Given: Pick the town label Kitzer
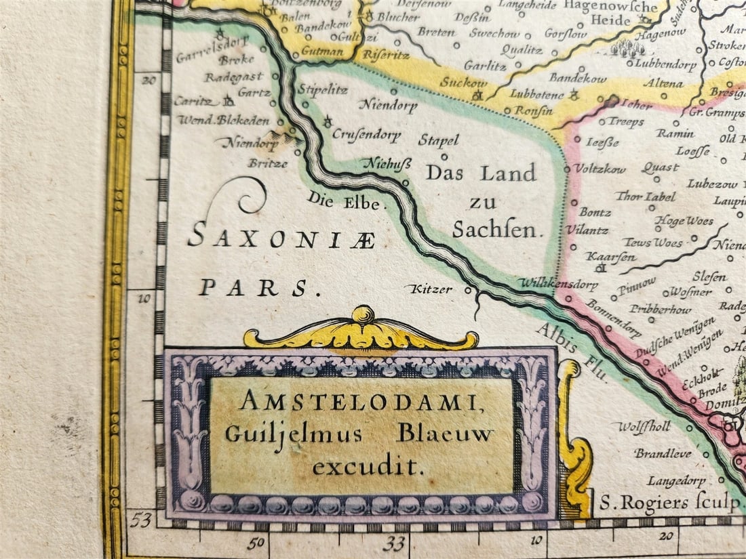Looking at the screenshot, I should [x=429, y=289].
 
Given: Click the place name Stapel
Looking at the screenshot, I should [x=438, y=141].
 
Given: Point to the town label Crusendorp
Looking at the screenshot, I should [x=366, y=134].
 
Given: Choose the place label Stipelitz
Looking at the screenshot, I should [x=323, y=89].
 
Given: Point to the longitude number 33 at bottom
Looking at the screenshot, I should [x=394, y=543].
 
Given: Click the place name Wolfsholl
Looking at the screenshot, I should [x=644, y=428].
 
